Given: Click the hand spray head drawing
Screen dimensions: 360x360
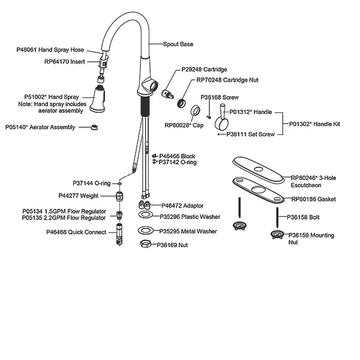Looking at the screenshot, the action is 98,99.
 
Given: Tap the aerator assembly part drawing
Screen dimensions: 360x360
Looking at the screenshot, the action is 94,127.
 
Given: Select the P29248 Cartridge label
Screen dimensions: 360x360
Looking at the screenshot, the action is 204,70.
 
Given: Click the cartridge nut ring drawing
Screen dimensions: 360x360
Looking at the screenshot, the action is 182,103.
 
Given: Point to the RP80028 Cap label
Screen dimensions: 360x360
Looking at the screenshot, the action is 184,125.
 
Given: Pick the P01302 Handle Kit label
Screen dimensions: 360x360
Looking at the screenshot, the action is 314,124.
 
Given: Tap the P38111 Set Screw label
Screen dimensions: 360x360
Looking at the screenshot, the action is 250,134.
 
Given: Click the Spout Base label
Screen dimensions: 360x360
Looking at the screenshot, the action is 178,44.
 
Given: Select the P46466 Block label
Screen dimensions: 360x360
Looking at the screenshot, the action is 177,156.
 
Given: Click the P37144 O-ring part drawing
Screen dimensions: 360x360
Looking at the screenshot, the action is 119,184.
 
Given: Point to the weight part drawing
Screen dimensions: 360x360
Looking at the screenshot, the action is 119,196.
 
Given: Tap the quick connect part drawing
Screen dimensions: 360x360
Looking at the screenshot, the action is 119,234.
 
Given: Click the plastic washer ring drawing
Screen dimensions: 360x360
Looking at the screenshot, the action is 146,215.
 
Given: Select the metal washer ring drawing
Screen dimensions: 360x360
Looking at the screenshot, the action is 146,230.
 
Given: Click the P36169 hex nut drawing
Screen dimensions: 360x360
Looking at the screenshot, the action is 146,244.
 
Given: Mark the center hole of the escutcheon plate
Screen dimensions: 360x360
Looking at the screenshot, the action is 259,169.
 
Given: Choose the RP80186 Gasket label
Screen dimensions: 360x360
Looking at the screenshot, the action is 313,199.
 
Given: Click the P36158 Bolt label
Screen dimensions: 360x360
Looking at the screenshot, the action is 303,217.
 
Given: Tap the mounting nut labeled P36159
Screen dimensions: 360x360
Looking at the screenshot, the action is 277,235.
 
